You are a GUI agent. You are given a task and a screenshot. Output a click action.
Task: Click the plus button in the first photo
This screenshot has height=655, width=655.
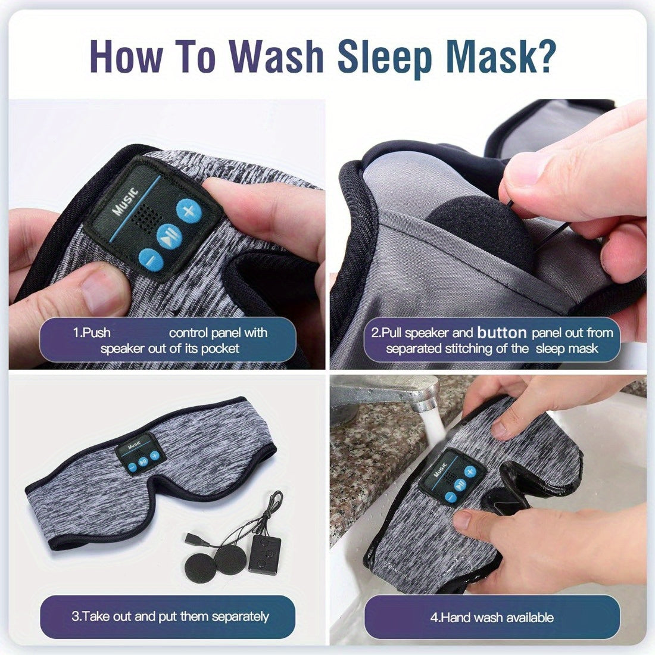pyautogui.click(x=189, y=210)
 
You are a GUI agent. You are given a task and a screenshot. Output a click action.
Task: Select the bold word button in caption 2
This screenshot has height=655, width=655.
pyautogui.click(x=502, y=332)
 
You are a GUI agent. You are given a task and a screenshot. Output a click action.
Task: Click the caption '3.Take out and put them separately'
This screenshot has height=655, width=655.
pyautogui.click(x=170, y=616)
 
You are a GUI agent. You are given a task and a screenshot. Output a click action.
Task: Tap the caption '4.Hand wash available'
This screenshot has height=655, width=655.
pyautogui.click(x=492, y=617)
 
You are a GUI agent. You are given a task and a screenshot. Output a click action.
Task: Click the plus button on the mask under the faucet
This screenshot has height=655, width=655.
pyautogui.click(x=470, y=472)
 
